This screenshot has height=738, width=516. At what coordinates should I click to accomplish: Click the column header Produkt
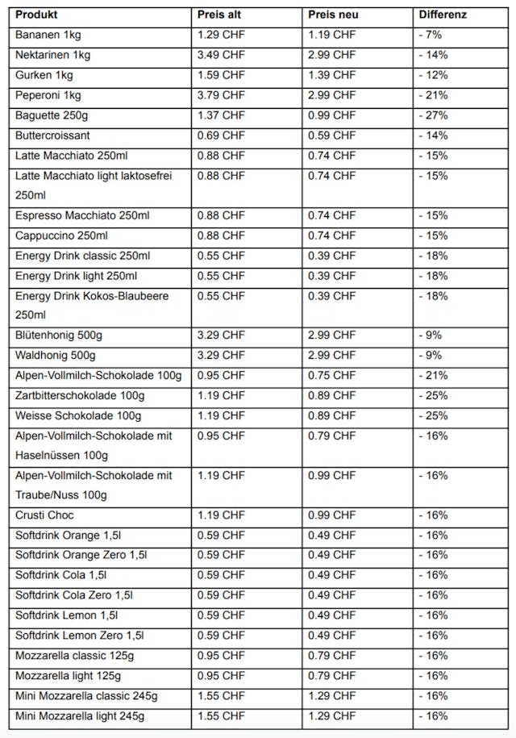[x=37, y=15]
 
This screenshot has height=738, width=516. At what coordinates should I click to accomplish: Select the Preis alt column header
[x=219, y=15]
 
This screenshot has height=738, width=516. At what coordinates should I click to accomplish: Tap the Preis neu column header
[x=331, y=15]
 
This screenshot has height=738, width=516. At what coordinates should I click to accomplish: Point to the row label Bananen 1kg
[x=48, y=35]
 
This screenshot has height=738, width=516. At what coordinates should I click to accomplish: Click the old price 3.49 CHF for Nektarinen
[x=221, y=55]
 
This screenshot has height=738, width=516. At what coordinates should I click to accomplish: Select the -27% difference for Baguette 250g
[x=433, y=115]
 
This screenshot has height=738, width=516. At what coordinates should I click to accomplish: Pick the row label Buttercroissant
[x=52, y=136]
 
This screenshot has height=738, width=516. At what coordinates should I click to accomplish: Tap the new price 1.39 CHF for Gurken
[x=331, y=75]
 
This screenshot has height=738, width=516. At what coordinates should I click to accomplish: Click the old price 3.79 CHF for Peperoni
[x=221, y=95]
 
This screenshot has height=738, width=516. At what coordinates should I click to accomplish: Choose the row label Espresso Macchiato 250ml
[x=82, y=215]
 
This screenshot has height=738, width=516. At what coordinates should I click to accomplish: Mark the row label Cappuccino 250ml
[x=61, y=236]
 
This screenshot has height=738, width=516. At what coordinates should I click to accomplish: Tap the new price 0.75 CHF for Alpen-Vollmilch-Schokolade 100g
[x=331, y=375]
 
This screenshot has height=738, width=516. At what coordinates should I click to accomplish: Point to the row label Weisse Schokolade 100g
[x=78, y=415]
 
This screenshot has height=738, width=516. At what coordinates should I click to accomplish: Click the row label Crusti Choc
[x=45, y=515]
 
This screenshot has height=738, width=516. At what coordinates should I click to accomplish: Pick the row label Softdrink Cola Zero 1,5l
[x=74, y=594]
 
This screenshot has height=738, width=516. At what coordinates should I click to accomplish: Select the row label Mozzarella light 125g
[x=69, y=675]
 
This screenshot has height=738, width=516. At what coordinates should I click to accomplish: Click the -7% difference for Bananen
[x=430, y=35]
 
